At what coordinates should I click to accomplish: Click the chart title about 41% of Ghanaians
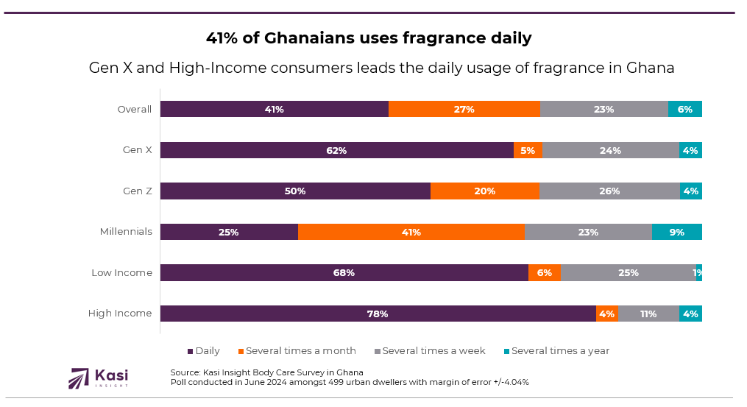coord(368,38)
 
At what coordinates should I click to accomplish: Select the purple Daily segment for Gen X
coord(336,150)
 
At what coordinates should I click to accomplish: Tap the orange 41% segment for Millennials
coord(411,232)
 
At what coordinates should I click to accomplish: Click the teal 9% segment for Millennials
coord(676,232)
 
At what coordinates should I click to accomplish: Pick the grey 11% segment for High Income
coord(648,314)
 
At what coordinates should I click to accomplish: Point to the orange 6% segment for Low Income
coord(544,272)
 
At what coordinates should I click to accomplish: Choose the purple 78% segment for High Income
coord(378,314)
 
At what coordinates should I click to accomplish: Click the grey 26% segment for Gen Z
coord(609,191)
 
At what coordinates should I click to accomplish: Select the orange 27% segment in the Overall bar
coord(464,109)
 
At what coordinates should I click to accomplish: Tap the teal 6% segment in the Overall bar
coord(684,109)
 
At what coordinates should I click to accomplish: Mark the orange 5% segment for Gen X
coord(528,150)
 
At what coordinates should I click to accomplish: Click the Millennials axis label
coord(126,232)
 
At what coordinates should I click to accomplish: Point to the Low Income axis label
coord(121,272)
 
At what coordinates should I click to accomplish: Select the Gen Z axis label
coord(138,191)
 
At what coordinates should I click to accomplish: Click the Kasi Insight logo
coord(97,378)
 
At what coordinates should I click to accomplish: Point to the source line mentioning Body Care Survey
coord(266,372)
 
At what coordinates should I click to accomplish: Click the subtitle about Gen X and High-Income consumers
coord(381,68)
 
